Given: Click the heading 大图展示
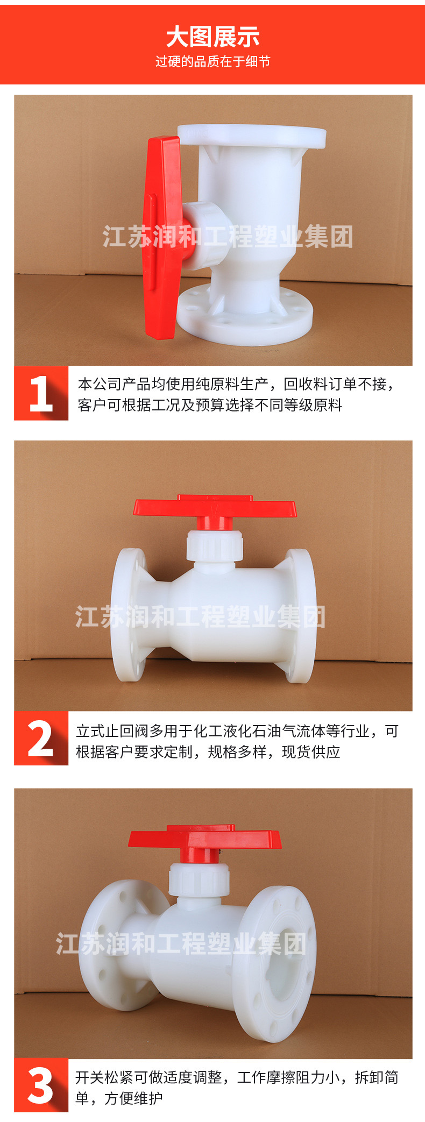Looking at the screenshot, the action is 212,37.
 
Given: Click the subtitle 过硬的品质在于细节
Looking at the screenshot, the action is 212,62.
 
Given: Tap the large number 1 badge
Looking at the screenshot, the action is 41,393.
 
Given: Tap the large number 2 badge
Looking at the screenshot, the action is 41,738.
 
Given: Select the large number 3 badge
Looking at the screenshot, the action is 41,1085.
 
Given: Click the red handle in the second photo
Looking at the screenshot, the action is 215,509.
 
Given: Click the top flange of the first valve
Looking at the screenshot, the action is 252,137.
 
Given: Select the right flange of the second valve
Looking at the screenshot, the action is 299,616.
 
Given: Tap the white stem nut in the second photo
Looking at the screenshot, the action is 215,546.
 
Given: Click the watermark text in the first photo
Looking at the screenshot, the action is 228,237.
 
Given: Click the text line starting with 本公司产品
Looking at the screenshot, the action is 237,384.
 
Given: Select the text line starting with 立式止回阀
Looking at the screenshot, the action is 237,731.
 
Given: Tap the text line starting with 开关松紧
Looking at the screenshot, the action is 237,1077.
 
